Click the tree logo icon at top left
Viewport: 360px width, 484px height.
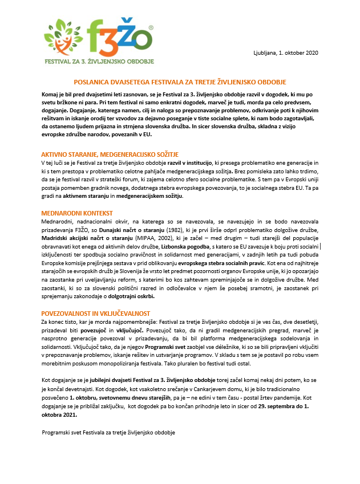point(60,38)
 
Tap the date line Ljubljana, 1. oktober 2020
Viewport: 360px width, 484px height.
point(285,53)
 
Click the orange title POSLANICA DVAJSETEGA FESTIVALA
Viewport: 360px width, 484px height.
point(180,82)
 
